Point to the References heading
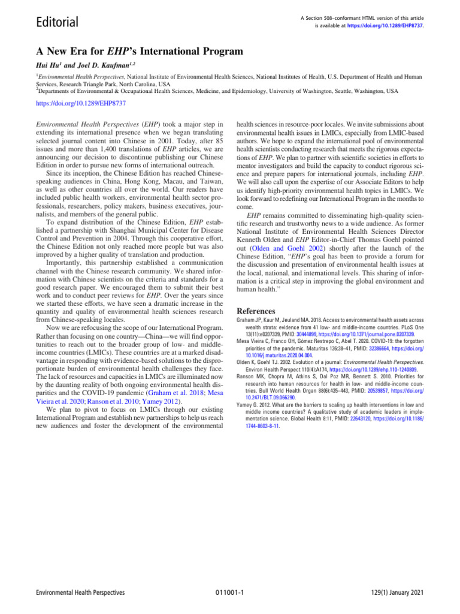[256, 311]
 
